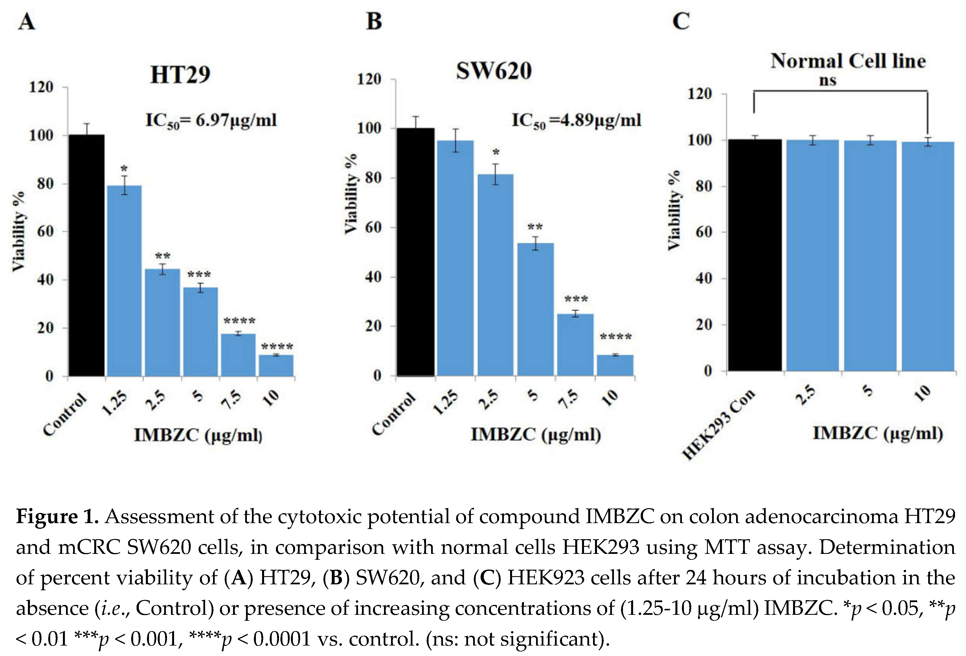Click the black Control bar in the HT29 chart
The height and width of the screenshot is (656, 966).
(x=86, y=255)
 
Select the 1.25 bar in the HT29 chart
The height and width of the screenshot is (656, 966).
(x=124, y=281)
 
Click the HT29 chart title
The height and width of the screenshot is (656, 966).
(x=180, y=75)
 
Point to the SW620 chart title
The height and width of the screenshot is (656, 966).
(x=493, y=71)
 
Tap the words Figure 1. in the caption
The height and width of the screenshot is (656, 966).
(x=57, y=517)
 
